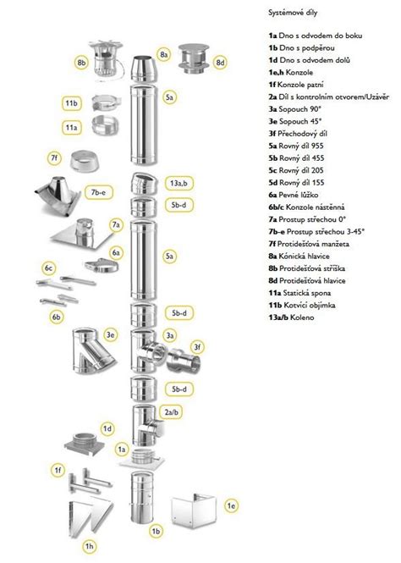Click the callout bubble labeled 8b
(82, 63)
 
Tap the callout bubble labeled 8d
(220, 63)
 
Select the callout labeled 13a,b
(179, 183)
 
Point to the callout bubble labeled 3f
(197, 347)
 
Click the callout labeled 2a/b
(172, 411)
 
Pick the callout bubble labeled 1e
(231, 506)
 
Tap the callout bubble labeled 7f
(54, 157)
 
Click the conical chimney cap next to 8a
(142, 69)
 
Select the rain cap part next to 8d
(194, 59)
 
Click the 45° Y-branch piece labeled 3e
(94, 350)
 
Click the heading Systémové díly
(293, 13)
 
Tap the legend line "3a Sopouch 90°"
(295, 109)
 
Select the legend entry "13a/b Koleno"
(291, 317)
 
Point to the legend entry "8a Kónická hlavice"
(299, 256)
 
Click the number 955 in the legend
(317, 146)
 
